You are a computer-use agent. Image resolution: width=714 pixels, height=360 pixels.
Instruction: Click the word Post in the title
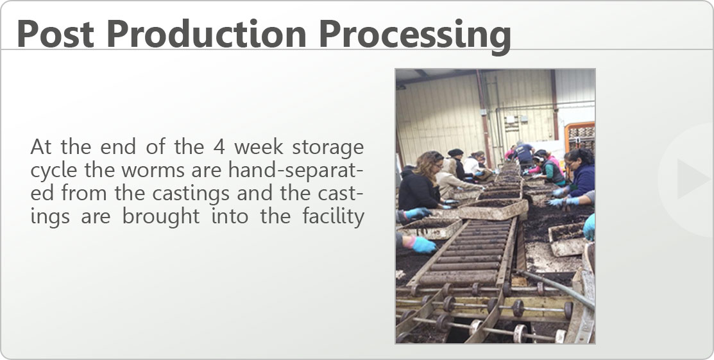point(55,34)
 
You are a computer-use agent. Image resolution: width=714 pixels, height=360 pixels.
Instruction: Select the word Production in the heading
point(207,34)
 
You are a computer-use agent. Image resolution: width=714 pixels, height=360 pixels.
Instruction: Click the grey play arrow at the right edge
point(692,178)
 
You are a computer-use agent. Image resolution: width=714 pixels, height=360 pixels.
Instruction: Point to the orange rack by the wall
point(580,136)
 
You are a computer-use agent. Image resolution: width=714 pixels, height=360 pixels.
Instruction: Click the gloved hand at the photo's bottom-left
point(423,244)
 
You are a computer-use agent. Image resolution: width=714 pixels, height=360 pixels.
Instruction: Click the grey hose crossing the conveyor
point(556,287)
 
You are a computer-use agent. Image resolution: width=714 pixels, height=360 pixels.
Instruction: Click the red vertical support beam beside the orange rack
point(554,105)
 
